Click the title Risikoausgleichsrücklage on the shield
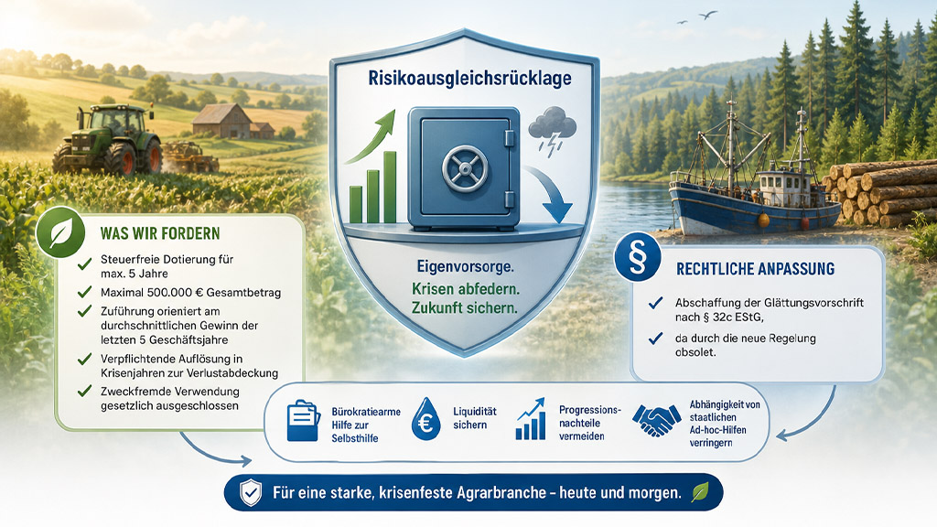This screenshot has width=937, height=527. (x=469, y=79)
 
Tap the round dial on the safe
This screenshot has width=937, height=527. (x=464, y=168)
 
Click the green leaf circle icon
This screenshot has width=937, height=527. (x=60, y=232)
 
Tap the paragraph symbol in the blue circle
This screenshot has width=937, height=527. (x=638, y=258)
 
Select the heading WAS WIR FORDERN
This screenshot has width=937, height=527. (x=160, y=233)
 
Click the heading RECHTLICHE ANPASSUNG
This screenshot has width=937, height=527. (x=755, y=269)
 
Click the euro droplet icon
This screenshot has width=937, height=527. (x=426, y=419)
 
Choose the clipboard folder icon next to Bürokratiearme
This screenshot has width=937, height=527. (x=303, y=420)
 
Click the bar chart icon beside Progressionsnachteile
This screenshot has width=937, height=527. (x=531, y=419)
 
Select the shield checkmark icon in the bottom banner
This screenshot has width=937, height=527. (x=251, y=492)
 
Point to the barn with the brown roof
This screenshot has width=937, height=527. (x=222, y=122)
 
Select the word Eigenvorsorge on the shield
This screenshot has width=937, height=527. (x=466, y=266)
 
